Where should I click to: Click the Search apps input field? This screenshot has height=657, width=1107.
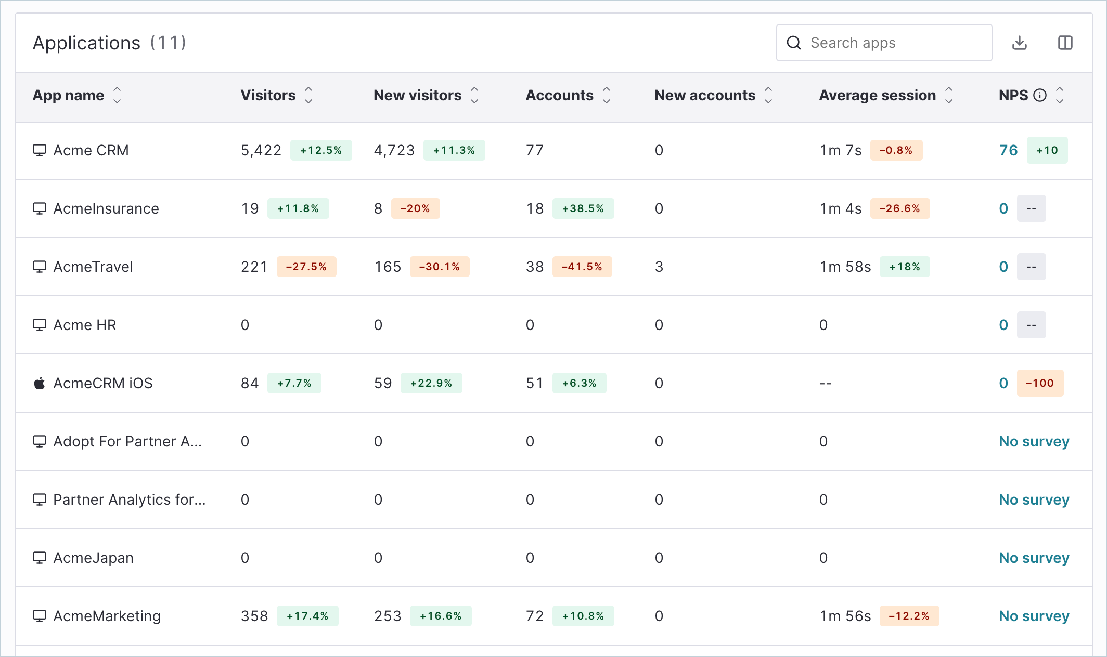point(884,43)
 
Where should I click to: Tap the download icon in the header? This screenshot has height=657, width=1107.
point(1020,43)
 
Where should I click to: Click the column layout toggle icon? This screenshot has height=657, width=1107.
point(1065,43)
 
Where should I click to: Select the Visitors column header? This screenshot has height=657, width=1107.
point(268,95)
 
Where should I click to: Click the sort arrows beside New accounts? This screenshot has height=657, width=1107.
point(768,95)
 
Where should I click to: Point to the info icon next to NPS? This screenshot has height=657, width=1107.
point(1040,95)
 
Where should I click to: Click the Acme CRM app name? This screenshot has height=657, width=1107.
point(91,150)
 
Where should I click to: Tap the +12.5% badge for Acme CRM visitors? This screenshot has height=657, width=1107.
point(321,150)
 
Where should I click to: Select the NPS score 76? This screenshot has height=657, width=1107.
point(1008,150)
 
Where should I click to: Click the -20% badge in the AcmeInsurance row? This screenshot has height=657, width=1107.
point(415,208)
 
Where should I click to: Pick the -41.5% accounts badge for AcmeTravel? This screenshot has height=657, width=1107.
point(582,267)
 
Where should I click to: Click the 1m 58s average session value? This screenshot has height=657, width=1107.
point(845,267)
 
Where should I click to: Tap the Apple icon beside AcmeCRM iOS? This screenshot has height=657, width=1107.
point(40,383)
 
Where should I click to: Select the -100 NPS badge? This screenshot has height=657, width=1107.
point(1040,383)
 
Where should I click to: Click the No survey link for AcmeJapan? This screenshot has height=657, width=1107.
point(1034,558)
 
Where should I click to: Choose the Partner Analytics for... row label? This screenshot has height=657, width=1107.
point(130,500)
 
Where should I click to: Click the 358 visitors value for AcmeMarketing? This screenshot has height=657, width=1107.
point(254,616)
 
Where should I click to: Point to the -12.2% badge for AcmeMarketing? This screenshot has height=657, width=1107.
point(909,616)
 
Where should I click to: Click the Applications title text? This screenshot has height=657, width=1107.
point(86,43)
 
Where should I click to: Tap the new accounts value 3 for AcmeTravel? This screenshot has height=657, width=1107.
point(659,267)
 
